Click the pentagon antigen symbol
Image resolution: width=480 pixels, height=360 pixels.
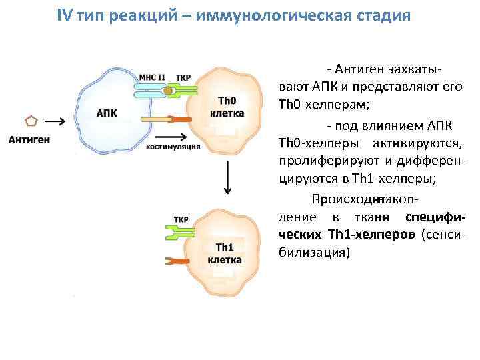click(30, 122)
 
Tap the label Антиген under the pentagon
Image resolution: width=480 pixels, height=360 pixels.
click(29, 139)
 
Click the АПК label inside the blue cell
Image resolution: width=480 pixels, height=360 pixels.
click(107, 113)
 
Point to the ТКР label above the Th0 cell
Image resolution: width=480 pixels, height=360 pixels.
click(183, 78)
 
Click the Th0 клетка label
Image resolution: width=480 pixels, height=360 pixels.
click(227, 107)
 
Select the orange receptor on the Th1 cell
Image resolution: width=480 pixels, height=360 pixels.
click(178, 261)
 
